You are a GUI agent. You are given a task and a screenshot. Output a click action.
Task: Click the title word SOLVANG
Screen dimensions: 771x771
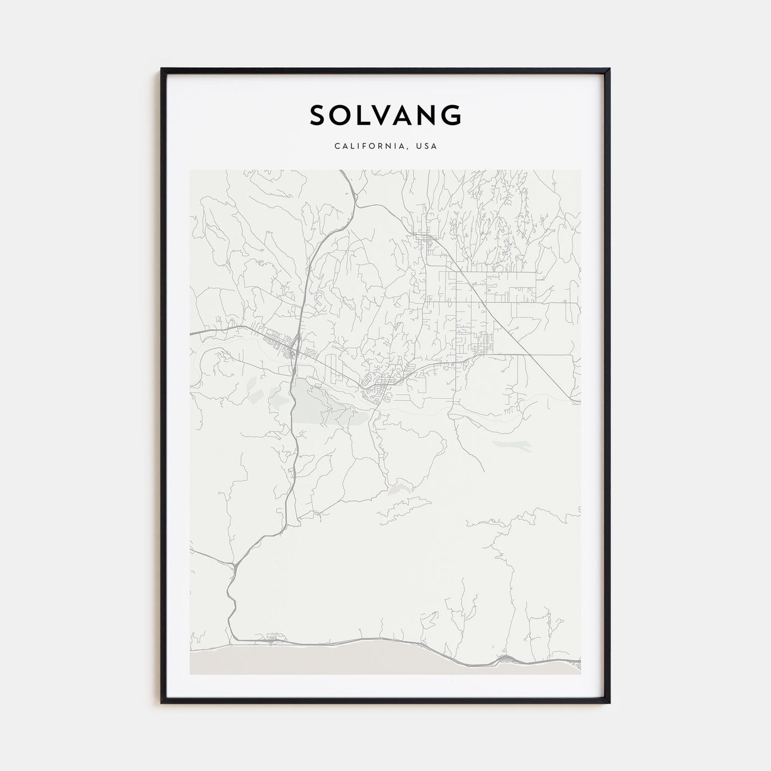385,115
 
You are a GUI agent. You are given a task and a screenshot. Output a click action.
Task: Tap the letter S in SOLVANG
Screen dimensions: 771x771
319,115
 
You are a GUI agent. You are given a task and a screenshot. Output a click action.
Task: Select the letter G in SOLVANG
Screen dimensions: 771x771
452,115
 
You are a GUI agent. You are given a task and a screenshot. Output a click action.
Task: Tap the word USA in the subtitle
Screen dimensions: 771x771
427,146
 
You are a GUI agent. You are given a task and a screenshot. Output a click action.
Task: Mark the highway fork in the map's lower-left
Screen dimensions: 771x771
235,564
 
